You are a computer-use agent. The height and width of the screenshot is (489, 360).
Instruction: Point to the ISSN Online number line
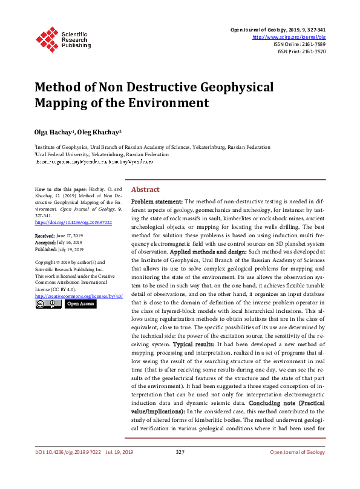pos(299,44)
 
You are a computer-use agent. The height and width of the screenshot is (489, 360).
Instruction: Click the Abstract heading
pos(145,189)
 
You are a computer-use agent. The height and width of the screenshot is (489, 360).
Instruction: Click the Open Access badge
pos(79,304)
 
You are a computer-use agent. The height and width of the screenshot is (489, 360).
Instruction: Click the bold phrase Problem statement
pos(157,201)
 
